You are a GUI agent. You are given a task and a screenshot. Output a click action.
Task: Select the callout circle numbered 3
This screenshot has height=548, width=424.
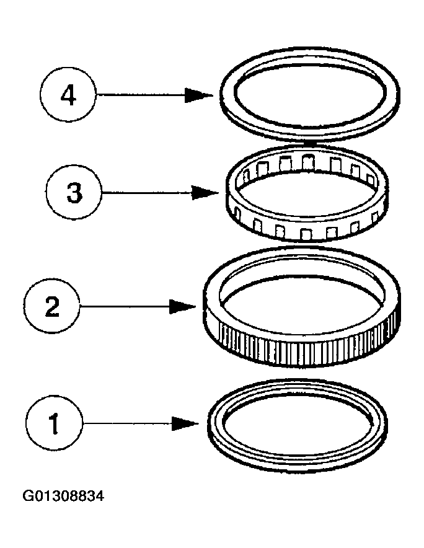click(x=74, y=193)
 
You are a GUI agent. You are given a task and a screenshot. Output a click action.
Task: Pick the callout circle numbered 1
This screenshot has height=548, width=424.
click(x=55, y=424)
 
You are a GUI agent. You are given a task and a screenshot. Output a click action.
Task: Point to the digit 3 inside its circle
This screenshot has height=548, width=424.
click(x=74, y=193)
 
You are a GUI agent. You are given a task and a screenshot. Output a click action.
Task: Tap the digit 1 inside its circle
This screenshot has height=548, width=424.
click(x=55, y=424)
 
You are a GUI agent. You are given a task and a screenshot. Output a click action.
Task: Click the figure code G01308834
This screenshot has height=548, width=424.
click(x=64, y=496)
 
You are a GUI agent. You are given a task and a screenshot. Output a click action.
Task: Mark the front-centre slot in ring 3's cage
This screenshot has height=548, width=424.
click(x=306, y=234)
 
